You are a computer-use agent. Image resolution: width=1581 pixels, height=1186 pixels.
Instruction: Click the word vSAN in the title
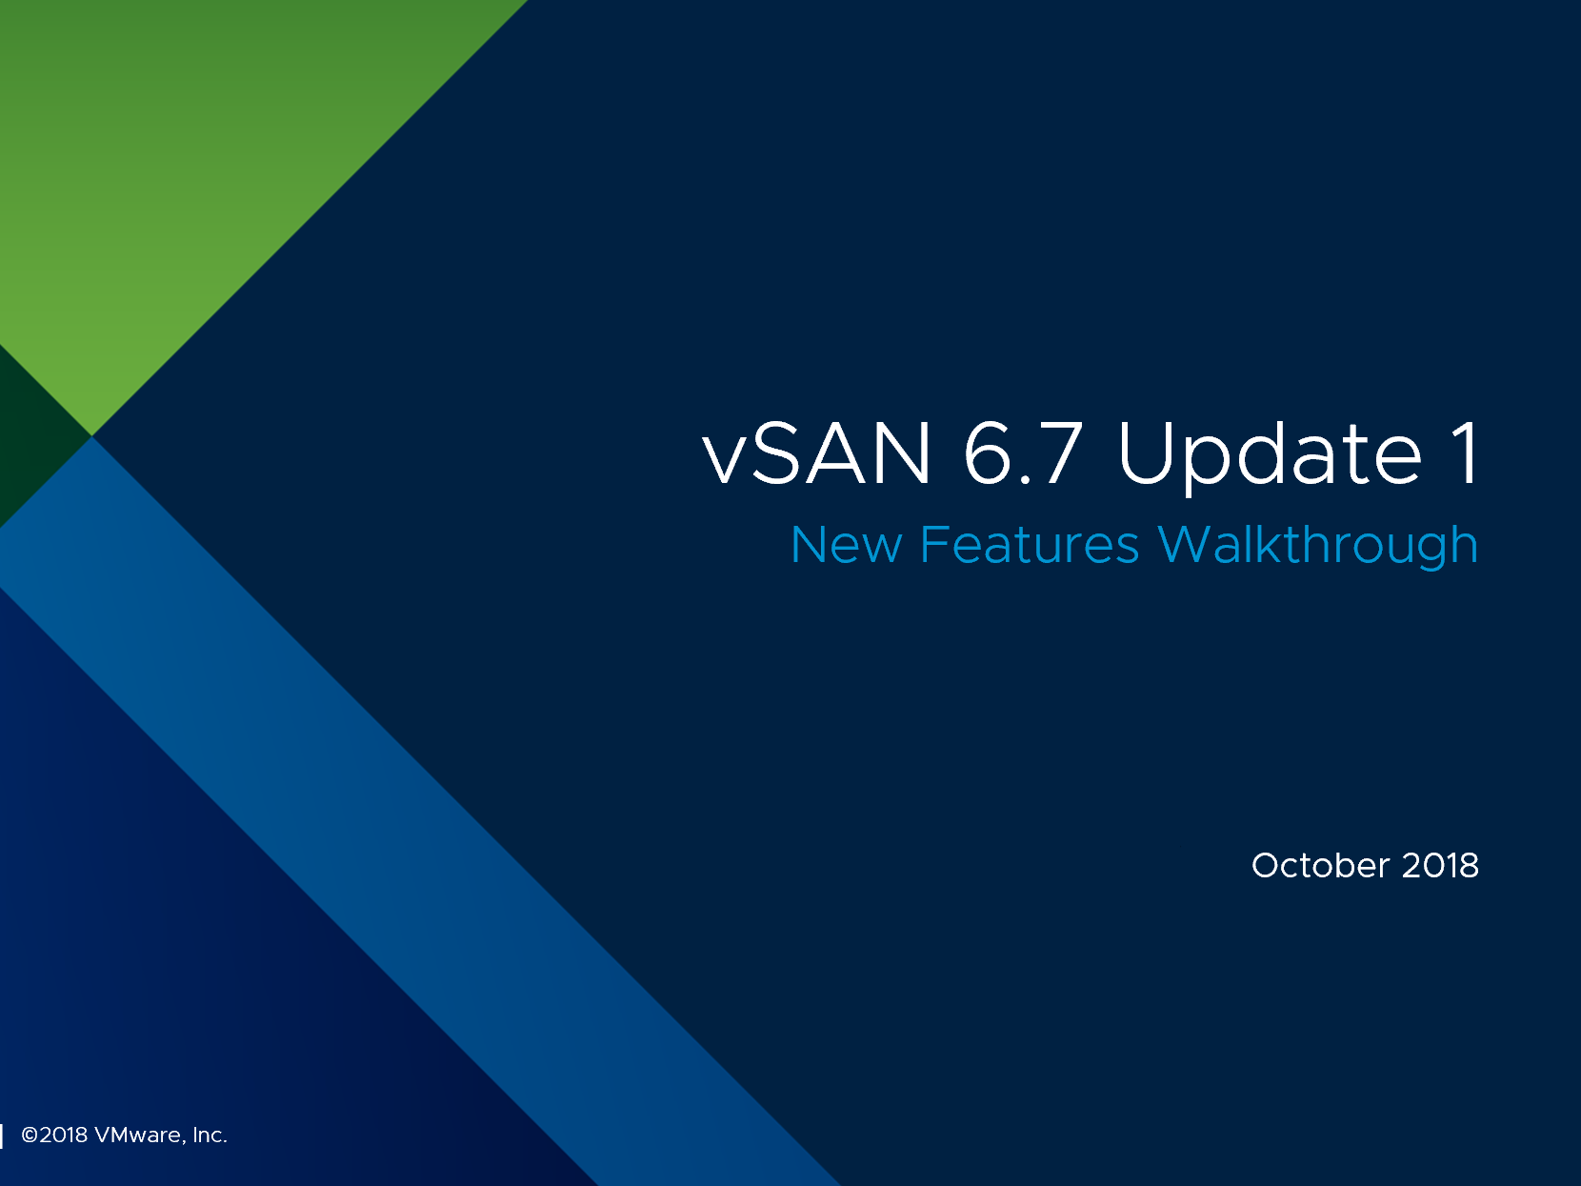pos(817,452)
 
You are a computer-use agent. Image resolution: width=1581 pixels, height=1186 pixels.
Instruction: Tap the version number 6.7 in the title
pos(1024,452)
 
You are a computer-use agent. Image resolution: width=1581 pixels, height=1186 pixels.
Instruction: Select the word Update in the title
pos(1271,456)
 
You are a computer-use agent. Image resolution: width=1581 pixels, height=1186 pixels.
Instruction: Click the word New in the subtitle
pos(847,544)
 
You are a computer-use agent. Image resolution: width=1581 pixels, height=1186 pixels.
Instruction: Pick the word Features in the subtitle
pos(1030,544)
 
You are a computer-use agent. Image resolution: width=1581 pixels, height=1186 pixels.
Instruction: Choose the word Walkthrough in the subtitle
pos(1318,546)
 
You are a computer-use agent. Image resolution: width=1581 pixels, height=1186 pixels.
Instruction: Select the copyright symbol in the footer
pos(30,1135)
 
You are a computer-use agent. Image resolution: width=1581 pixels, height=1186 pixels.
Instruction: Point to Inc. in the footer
pos(209,1135)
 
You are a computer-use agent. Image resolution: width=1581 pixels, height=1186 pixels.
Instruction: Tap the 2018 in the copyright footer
pos(64,1135)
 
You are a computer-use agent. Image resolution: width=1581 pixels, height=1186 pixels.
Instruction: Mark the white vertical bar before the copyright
pos(2,1136)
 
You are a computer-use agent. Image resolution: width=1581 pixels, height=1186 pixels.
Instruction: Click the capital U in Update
pos(1145,453)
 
